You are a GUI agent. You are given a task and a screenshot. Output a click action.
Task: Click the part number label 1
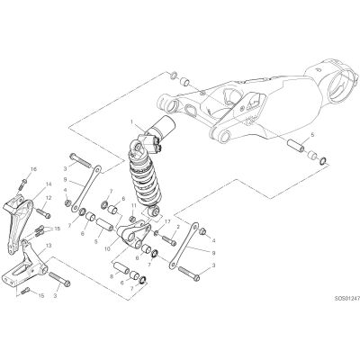[131, 121]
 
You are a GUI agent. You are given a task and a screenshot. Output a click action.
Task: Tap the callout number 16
[33, 169]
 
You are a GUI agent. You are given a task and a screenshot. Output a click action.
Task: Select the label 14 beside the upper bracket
[49, 184]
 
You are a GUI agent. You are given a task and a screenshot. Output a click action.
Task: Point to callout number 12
[49, 198]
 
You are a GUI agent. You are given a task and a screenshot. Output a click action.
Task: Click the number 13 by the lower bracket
[49, 246]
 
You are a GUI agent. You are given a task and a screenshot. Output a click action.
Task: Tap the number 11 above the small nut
[133, 205]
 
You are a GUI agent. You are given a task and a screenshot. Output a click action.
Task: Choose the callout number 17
[167, 221]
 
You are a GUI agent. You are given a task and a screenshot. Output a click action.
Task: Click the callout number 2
[178, 227]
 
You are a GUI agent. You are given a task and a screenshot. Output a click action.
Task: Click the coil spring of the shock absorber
[141, 183]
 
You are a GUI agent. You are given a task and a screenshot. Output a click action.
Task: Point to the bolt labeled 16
[23, 184]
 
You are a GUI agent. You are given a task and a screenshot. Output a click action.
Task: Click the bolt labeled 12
[43, 212]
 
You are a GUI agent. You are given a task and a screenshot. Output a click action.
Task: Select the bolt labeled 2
[169, 240]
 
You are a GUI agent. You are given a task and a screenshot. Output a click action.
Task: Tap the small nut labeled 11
[133, 218]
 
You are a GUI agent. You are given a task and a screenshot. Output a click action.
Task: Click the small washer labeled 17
[157, 233]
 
